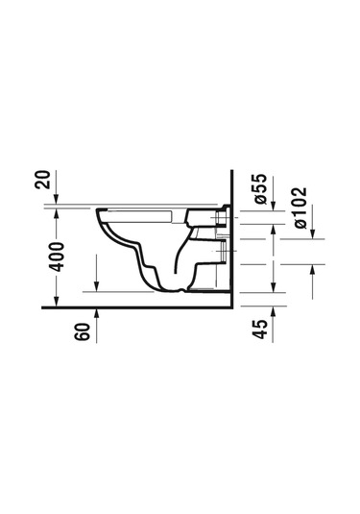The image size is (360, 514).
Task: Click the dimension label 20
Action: point(43,180)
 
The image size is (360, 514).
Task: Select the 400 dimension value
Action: point(57,257)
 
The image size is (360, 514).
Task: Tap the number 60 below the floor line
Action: point(82,331)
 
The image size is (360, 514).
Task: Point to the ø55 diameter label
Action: point(261,189)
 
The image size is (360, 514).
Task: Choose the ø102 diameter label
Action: point(300,208)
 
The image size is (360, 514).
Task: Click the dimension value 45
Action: point(260,330)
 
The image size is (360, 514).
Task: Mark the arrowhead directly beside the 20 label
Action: point(57,199)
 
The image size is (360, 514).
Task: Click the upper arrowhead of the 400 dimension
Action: point(57,214)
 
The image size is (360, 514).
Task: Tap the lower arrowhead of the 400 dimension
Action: point(57,302)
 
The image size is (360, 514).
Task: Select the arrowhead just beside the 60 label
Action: point(96,314)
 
